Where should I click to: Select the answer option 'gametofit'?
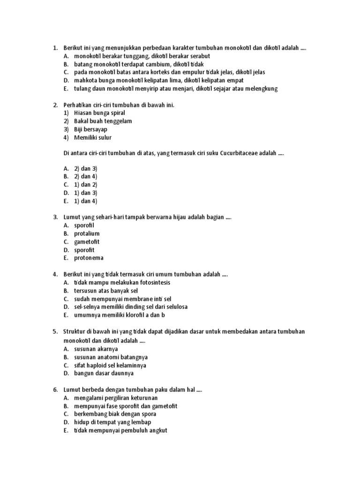(x=87, y=241)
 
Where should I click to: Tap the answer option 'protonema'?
(x=89, y=258)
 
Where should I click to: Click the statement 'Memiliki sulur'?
(x=93, y=137)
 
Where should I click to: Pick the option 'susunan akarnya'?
(x=96, y=349)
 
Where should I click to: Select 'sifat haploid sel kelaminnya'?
(x=110, y=365)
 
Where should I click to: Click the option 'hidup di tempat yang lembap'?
(x=108, y=422)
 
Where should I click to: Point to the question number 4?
(x=55, y=274)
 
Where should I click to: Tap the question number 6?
(x=55, y=390)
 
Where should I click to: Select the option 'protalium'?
(x=87, y=233)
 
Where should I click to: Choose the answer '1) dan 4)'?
(x=85, y=201)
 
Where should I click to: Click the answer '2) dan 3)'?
(x=85, y=168)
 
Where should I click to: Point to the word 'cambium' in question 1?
(x=160, y=64)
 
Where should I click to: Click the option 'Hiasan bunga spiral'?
(x=99, y=113)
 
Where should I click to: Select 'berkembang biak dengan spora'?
(x=115, y=414)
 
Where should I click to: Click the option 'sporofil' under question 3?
(x=84, y=225)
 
